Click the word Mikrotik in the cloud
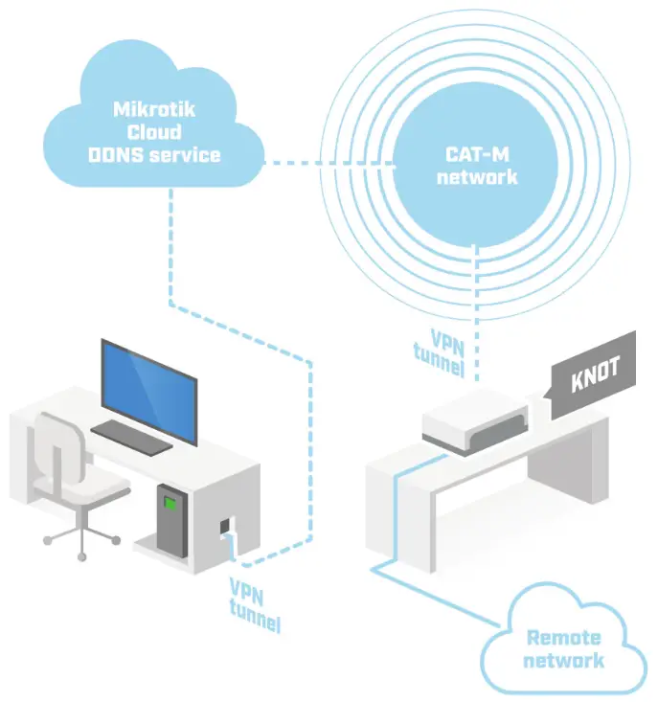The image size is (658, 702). click(x=152, y=109)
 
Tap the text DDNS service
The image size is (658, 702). click(x=153, y=155)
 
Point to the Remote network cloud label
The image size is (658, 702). click(x=564, y=648)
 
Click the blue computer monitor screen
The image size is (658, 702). click(x=147, y=387)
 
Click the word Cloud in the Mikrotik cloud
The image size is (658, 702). click(x=153, y=132)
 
